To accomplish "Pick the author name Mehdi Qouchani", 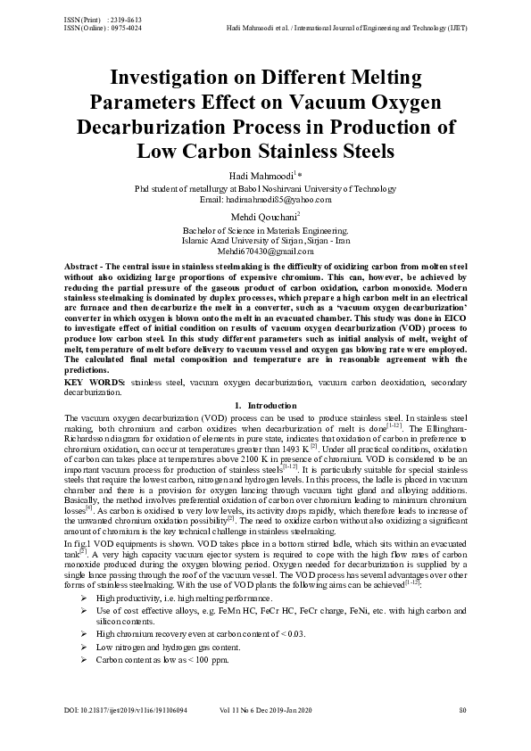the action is click(x=263, y=218).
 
